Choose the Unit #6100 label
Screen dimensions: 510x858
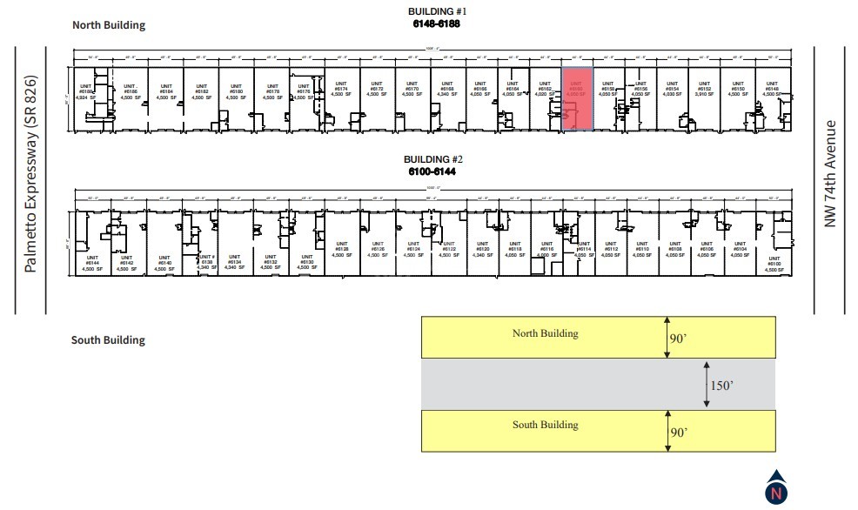(770, 265)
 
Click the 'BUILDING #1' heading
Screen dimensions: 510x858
(438, 11)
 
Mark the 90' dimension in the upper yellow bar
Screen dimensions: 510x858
(679, 338)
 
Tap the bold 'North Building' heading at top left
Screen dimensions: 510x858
(108, 25)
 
